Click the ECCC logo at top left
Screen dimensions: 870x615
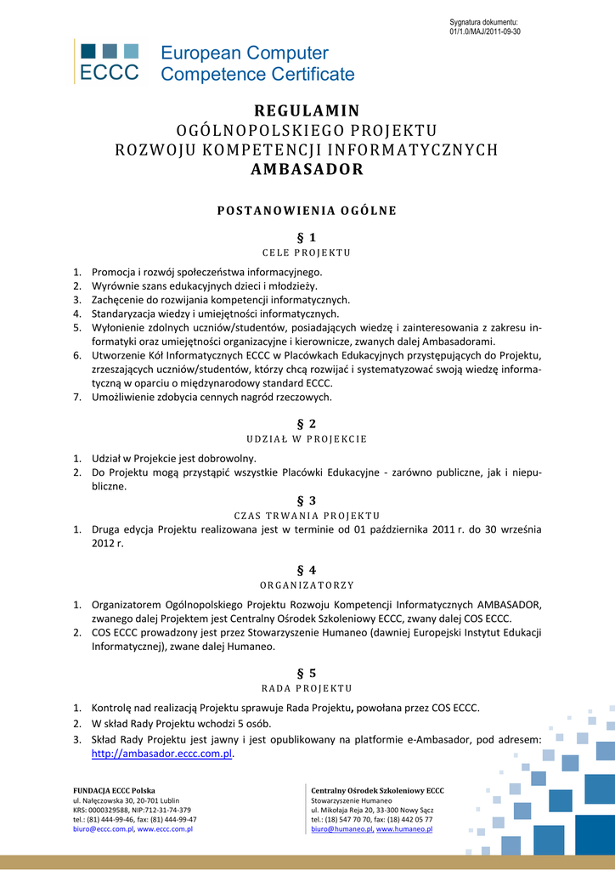(x=109, y=61)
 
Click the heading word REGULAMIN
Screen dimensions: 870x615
(x=307, y=111)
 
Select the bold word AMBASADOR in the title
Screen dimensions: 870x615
(x=307, y=169)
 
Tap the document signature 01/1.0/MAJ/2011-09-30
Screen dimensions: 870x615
(x=484, y=31)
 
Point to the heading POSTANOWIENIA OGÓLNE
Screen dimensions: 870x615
(x=307, y=211)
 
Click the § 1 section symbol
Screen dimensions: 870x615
(x=307, y=237)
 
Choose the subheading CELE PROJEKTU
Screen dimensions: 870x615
(x=307, y=252)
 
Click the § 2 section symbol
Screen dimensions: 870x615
(x=307, y=423)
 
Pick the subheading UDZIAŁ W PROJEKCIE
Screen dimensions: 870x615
(x=307, y=439)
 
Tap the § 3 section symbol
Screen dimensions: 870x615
(x=307, y=500)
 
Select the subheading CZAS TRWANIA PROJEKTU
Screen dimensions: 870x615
(x=307, y=516)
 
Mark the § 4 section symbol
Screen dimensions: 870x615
(x=307, y=570)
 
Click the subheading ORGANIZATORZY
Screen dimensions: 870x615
(x=307, y=585)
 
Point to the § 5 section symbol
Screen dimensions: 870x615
(x=307, y=672)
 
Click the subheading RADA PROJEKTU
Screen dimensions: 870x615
(x=307, y=688)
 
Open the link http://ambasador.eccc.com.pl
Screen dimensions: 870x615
(x=161, y=754)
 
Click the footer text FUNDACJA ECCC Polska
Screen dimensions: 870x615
(x=114, y=790)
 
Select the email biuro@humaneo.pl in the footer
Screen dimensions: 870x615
(x=342, y=829)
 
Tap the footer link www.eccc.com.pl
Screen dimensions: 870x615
(x=165, y=829)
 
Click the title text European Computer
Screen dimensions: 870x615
(x=245, y=54)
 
